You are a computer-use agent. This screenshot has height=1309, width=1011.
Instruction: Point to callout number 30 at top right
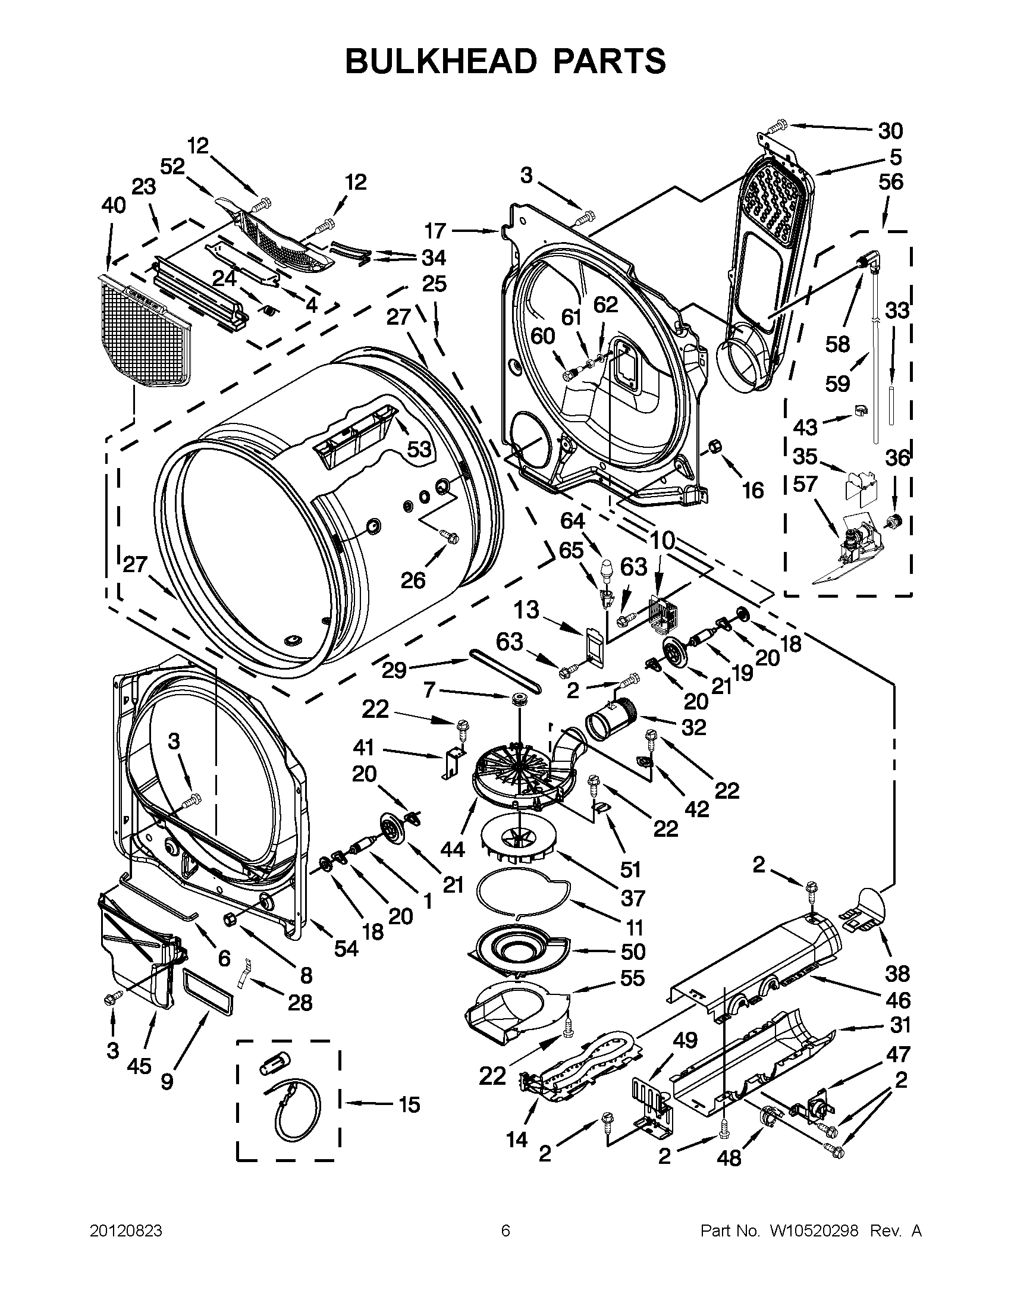tap(890, 130)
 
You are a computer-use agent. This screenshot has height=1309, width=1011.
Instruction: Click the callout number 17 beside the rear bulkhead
tap(436, 231)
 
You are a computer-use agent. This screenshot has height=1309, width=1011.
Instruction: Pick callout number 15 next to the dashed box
tap(410, 1104)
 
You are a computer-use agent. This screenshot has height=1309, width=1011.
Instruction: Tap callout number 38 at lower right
tap(897, 974)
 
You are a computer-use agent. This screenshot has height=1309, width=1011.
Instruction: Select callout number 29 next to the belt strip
tap(394, 670)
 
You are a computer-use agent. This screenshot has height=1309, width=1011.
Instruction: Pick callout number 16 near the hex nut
tap(753, 491)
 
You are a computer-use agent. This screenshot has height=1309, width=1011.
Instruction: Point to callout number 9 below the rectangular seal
tap(167, 1081)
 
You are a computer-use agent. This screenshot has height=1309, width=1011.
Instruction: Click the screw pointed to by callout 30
tap(776, 127)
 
